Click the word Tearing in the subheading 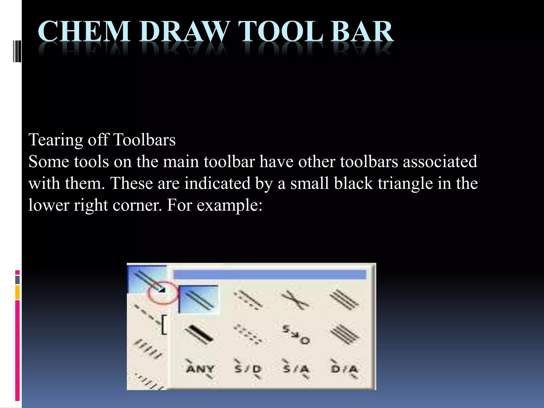(56, 140)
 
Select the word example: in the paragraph (229, 205)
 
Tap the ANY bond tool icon (200, 369)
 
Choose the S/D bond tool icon (248, 369)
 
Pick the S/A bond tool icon (296, 369)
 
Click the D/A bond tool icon (345, 369)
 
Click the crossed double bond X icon (295, 300)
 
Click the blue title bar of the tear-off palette (270, 274)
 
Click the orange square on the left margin (18, 292)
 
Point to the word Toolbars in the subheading (144, 140)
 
